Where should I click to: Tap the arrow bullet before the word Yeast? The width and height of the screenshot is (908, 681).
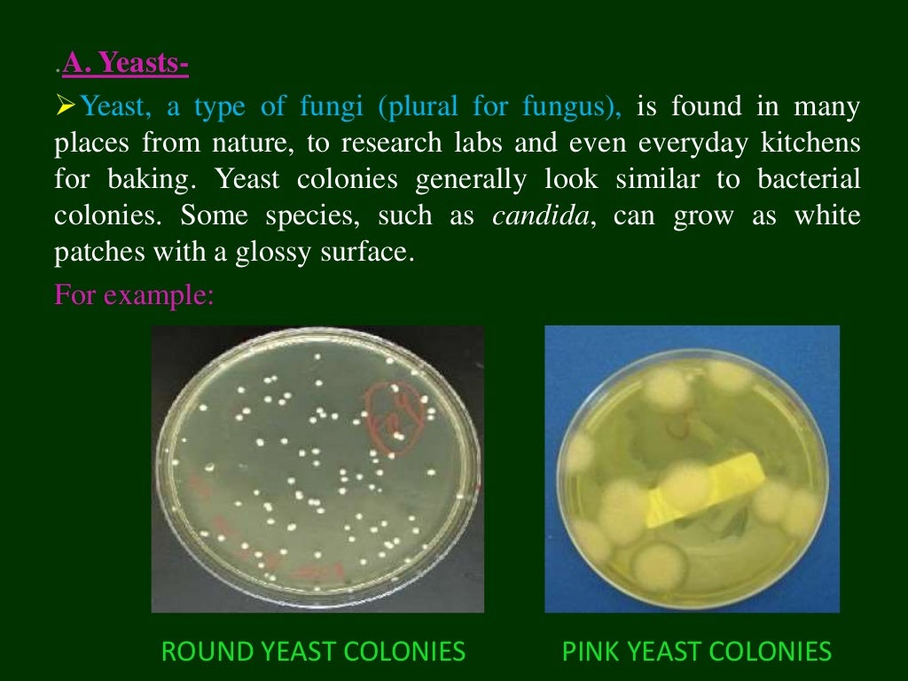[x=67, y=108]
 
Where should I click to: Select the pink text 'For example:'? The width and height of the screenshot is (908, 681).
[x=134, y=293]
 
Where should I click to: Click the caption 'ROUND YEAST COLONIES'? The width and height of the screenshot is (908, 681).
[x=312, y=653]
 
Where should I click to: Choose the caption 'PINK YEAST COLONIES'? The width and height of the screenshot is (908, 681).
[x=697, y=653]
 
